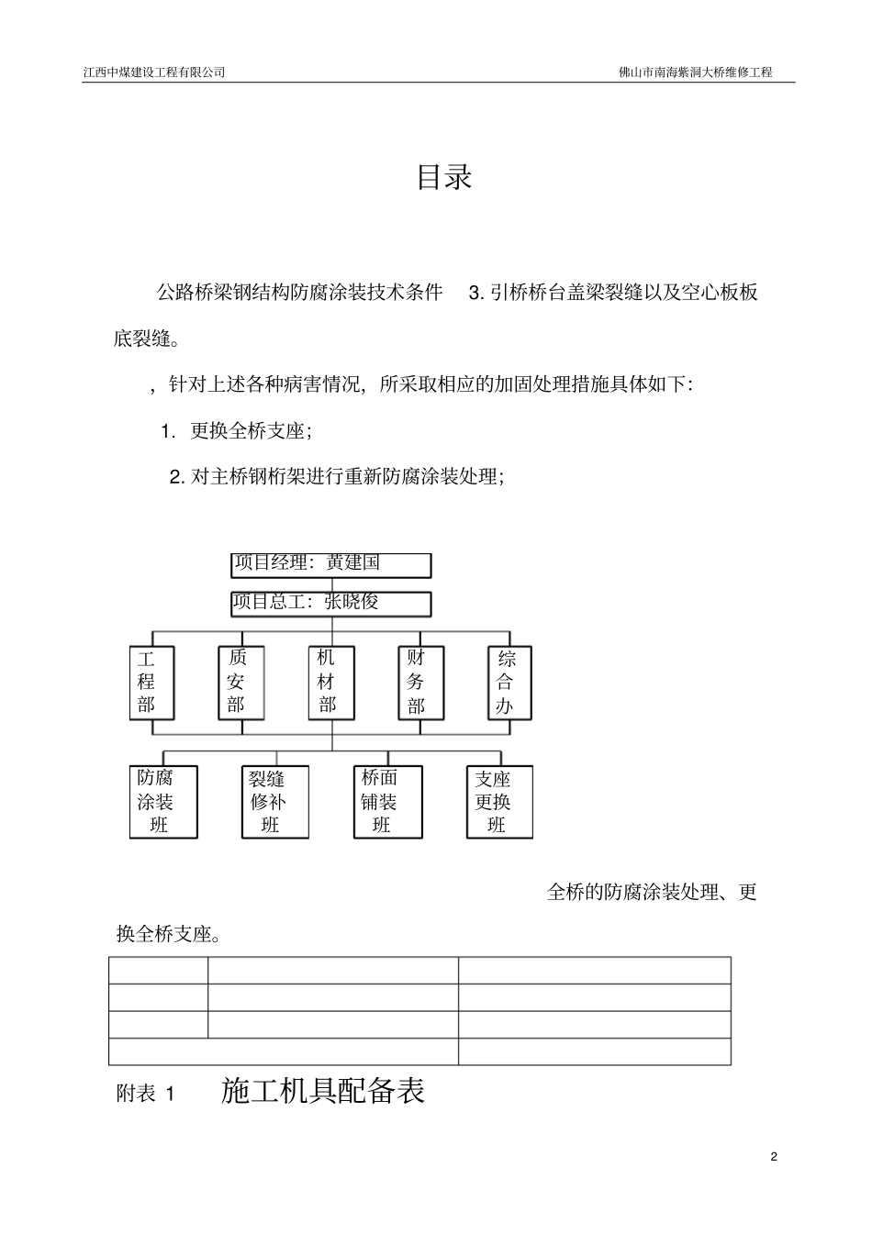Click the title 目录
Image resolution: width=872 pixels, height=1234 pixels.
(444, 177)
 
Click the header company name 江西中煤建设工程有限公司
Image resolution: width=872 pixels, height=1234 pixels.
(154, 72)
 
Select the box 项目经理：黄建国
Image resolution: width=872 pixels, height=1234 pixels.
(330, 564)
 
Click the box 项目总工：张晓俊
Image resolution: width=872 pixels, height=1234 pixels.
(330, 603)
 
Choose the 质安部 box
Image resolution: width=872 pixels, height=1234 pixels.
(240, 683)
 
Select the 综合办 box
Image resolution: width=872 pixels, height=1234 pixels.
(509, 683)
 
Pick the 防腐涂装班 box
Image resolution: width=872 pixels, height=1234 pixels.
(163, 802)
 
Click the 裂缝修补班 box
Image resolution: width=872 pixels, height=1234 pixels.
(274, 802)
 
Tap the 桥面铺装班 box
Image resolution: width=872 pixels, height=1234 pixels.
(387, 802)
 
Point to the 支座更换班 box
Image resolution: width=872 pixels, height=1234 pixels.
(498, 802)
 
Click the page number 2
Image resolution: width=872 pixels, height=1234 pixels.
(774, 1156)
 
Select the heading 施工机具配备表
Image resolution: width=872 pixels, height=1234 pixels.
(323, 1091)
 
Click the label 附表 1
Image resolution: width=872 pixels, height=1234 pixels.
(145, 1094)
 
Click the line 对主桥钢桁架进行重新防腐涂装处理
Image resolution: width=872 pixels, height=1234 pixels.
(346, 477)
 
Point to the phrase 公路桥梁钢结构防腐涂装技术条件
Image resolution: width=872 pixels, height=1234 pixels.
(299, 293)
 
